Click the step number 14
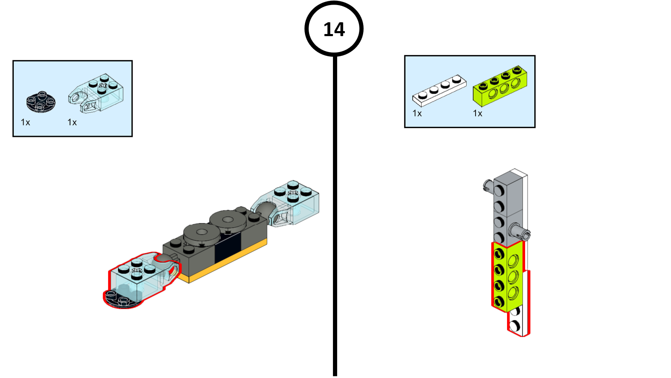334,29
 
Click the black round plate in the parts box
41,102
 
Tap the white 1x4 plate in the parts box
439,90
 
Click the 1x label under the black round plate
26,122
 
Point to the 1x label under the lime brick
478,113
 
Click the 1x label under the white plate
417,113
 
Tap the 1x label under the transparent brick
72,122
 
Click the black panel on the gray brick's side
228,248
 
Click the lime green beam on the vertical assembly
507,277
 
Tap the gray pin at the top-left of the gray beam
488,185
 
